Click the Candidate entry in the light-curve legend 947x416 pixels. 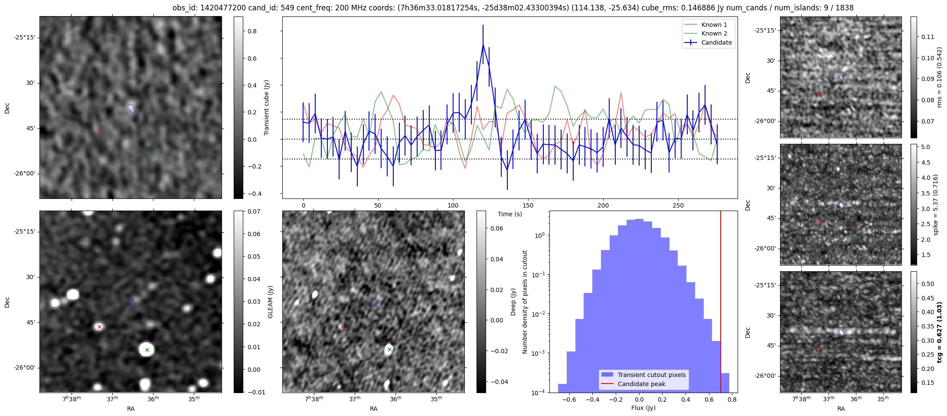point(716,42)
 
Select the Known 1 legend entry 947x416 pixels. point(714,25)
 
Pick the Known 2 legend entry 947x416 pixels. point(714,33)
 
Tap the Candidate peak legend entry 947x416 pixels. point(641,384)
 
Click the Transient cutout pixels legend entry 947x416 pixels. point(652,375)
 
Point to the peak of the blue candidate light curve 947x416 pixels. point(483,44)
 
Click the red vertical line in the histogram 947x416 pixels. point(721,303)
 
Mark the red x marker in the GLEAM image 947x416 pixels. point(99,327)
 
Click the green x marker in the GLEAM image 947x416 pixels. point(147,350)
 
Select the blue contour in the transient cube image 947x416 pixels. point(131,108)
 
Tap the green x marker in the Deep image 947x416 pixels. point(389,349)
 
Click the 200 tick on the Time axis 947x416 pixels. point(603,205)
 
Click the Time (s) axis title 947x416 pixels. point(509,214)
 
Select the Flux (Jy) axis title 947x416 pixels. point(643,408)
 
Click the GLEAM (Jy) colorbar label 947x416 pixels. point(270,302)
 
